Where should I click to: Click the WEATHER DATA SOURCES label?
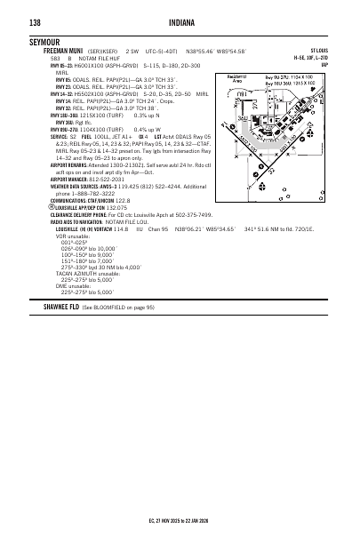79,184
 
